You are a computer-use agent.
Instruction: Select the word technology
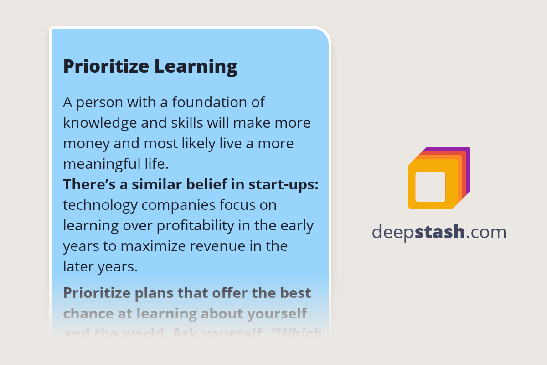pos(100,205)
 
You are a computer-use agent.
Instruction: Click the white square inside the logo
pos(430,187)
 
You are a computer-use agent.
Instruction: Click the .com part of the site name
pos(487,232)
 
